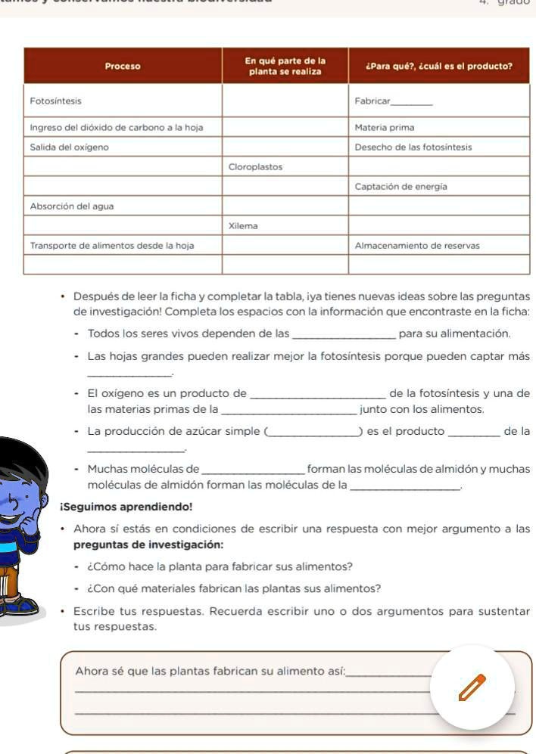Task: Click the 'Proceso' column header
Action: [x=123, y=66]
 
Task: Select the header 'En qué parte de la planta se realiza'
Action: [x=285, y=66]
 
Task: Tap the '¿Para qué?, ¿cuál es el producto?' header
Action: [x=438, y=66]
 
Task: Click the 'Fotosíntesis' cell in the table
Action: [x=55, y=101]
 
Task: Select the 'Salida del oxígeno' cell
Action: [x=69, y=147]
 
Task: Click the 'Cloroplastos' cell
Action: [x=255, y=166]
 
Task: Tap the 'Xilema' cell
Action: [x=243, y=225]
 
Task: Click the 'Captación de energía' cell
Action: [x=400, y=186]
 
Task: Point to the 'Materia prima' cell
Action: [x=385, y=128]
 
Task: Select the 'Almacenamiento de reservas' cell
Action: [x=417, y=245]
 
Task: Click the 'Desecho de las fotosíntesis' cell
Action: [x=413, y=147]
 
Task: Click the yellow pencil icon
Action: [x=471, y=687]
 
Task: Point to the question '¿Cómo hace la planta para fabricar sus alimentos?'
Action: [x=220, y=566]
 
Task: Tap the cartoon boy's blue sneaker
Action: [x=19, y=606]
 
